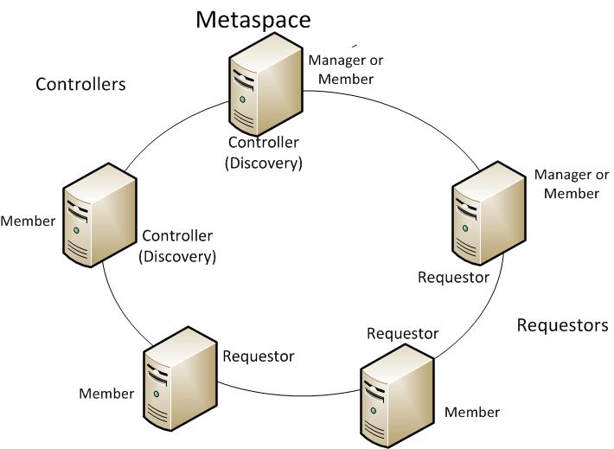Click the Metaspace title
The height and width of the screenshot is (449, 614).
tap(253, 19)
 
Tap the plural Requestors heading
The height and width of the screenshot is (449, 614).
tap(562, 325)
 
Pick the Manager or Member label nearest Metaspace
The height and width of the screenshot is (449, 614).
tap(346, 69)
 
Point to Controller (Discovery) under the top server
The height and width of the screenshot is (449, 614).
tap(265, 152)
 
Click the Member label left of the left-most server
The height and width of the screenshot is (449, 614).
tap(28, 221)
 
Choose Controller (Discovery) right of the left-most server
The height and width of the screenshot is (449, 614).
tap(178, 246)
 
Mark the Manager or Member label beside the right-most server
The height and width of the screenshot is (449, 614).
tap(572, 184)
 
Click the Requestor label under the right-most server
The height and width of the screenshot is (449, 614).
tap(453, 277)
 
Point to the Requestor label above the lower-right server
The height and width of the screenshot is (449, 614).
tap(402, 333)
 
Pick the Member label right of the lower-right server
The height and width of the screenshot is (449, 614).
tap(472, 412)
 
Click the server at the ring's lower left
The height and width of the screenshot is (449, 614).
tap(178, 374)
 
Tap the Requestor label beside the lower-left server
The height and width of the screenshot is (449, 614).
tap(259, 356)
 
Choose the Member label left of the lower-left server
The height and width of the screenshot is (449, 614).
tap(106, 394)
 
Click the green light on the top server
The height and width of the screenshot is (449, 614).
tap(243, 99)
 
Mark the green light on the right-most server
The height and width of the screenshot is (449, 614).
tap(465, 227)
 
